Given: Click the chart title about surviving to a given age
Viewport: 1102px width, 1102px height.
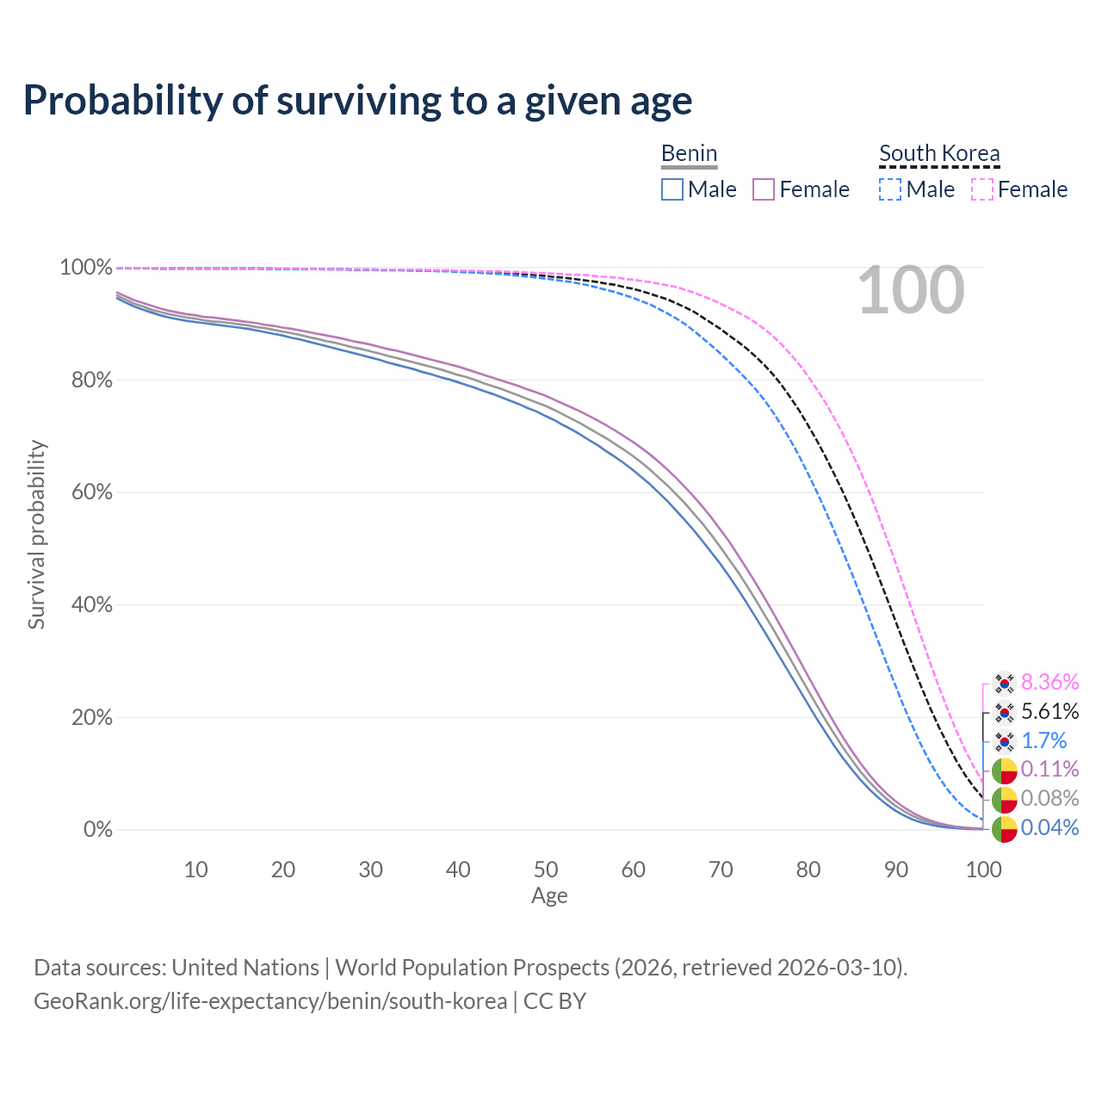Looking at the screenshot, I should (x=357, y=101).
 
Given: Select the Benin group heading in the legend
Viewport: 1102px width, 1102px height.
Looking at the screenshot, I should (x=689, y=153).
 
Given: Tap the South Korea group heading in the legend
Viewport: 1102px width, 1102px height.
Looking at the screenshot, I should (x=939, y=153).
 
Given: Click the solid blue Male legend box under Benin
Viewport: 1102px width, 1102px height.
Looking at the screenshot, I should (x=672, y=189).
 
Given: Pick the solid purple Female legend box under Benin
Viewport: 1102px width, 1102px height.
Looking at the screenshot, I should (x=765, y=189).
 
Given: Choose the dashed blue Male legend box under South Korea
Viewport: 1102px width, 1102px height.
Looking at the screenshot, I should (x=890, y=189).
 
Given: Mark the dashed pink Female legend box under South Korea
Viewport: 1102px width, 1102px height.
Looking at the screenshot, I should (x=982, y=189).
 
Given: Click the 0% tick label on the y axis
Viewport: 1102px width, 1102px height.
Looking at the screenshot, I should (x=98, y=830).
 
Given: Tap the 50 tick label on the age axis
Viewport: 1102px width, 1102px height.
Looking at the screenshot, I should (x=546, y=870).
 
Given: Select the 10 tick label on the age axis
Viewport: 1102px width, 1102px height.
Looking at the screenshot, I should (x=195, y=870).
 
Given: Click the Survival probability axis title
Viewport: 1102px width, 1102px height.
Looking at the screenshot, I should (x=36, y=535).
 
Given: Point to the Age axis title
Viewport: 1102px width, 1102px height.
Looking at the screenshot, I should (x=549, y=896).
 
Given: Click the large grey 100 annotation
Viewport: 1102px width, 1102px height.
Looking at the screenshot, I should (x=911, y=290).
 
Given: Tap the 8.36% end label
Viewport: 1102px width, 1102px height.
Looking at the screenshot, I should (x=1049, y=683).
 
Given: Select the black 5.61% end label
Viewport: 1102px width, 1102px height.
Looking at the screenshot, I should (x=1049, y=712).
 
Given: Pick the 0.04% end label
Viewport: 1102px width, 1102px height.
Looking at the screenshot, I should (x=1049, y=828).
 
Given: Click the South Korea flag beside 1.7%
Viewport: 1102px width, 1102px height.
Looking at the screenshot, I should (x=1004, y=741).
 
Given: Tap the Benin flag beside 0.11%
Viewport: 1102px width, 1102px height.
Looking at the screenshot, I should (x=1004, y=771).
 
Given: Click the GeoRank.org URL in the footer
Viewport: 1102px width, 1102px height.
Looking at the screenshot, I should (x=270, y=1001).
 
